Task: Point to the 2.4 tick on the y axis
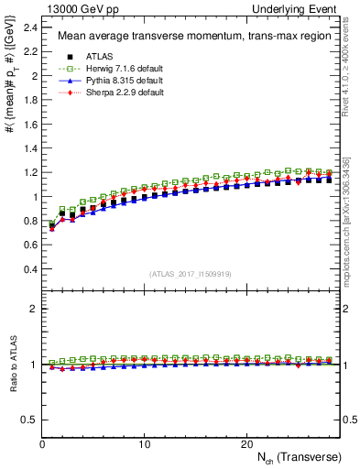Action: tap(30, 27)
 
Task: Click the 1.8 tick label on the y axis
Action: tap(30, 100)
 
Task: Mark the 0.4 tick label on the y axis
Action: tap(30, 269)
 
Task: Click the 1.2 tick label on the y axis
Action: tap(30, 172)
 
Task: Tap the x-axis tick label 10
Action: tap(144, 443)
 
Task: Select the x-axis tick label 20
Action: tap(245, 443)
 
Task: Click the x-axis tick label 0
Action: tap(42, 443)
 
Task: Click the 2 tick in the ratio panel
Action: tap(34, 309)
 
